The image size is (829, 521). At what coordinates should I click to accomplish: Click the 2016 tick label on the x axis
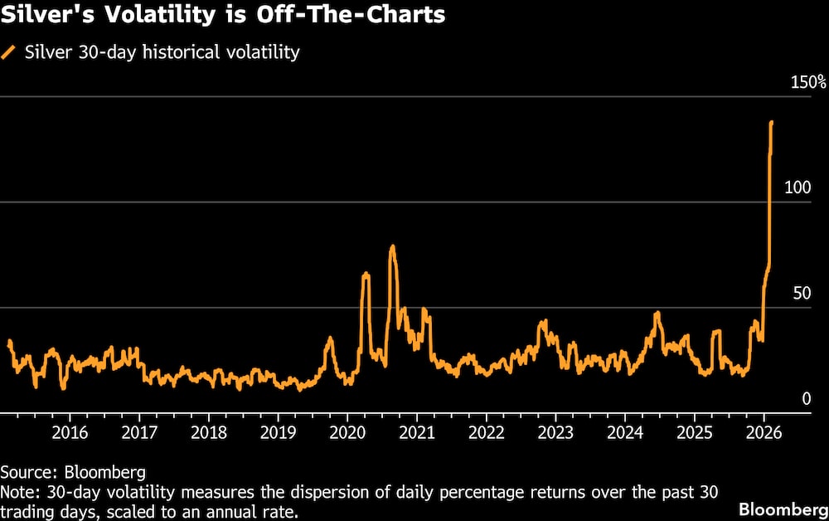(x=70, y=432)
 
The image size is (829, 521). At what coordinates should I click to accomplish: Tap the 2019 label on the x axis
(x=278, y=432)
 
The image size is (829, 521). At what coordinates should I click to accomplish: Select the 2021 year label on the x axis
(x=417, y=432)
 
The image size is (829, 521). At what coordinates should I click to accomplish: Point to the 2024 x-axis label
(x=625, y=432)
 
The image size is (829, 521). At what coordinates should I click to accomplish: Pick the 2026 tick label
(x=764, y=432)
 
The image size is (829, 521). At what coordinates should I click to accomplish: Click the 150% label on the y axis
(x=807, y=83)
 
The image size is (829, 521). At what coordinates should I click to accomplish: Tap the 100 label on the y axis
(x=798, y=188)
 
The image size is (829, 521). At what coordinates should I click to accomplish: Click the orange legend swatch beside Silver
(x=8, y=52)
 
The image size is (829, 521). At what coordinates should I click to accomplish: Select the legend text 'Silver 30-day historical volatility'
(x=162, y=52)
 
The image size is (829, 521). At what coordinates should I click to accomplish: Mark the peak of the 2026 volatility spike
(x=772, y=122)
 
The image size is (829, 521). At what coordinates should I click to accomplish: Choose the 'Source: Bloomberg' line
(x=73, y=472)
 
